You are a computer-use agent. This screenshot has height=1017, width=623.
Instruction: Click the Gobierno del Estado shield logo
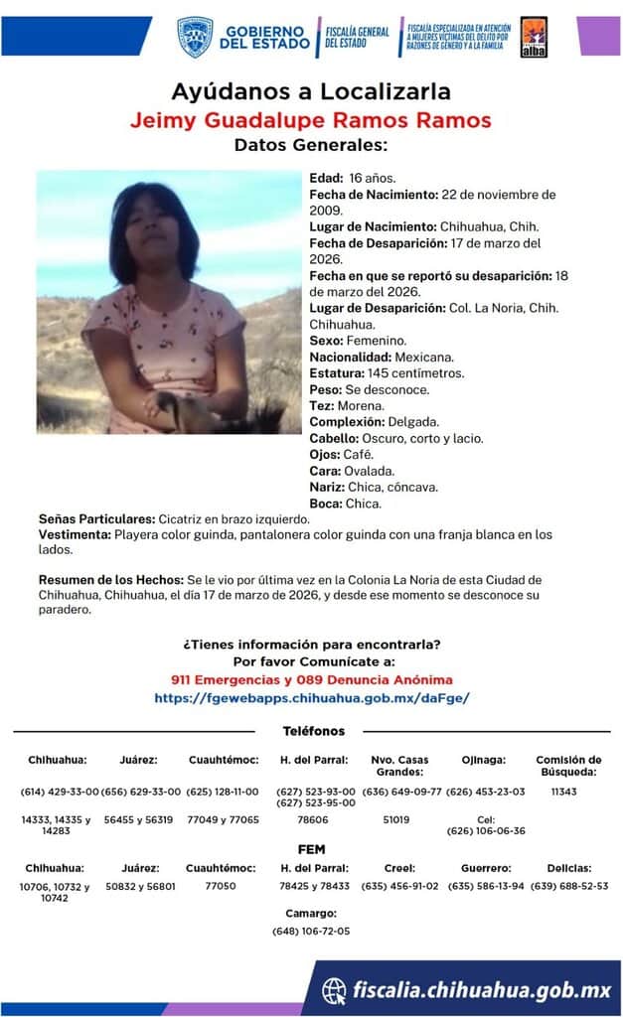(195, 37)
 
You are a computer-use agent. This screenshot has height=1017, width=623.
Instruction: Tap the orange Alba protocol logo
(534, 37)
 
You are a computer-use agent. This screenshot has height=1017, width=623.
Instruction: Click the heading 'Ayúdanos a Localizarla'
(311, 92)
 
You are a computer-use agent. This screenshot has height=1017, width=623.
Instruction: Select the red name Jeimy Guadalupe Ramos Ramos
(311, 121)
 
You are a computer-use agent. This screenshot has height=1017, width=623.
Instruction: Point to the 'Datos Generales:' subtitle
(311, 145)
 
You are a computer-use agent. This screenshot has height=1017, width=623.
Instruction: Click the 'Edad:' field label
(326, 178)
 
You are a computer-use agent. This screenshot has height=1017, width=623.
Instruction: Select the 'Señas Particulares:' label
(96, 519)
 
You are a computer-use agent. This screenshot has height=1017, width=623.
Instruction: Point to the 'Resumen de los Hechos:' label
(108, 579)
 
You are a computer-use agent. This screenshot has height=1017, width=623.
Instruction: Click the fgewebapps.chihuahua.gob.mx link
(311, 698)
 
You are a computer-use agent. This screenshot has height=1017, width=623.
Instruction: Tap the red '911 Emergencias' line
(311, 680)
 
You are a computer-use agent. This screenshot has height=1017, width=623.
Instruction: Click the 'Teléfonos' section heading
(313, 732)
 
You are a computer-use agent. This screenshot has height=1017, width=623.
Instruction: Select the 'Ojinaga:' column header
(484, 760)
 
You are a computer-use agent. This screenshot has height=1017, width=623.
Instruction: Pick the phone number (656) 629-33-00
(140, 792)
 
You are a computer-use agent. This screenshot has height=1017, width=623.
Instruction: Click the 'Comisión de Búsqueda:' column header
(568, 766)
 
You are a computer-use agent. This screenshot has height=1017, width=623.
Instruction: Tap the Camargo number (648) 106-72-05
(311, 932)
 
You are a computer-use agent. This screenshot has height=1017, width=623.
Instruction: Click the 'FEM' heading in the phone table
(312, 850)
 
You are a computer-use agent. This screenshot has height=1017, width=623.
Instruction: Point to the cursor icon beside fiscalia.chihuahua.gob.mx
(336, 990)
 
